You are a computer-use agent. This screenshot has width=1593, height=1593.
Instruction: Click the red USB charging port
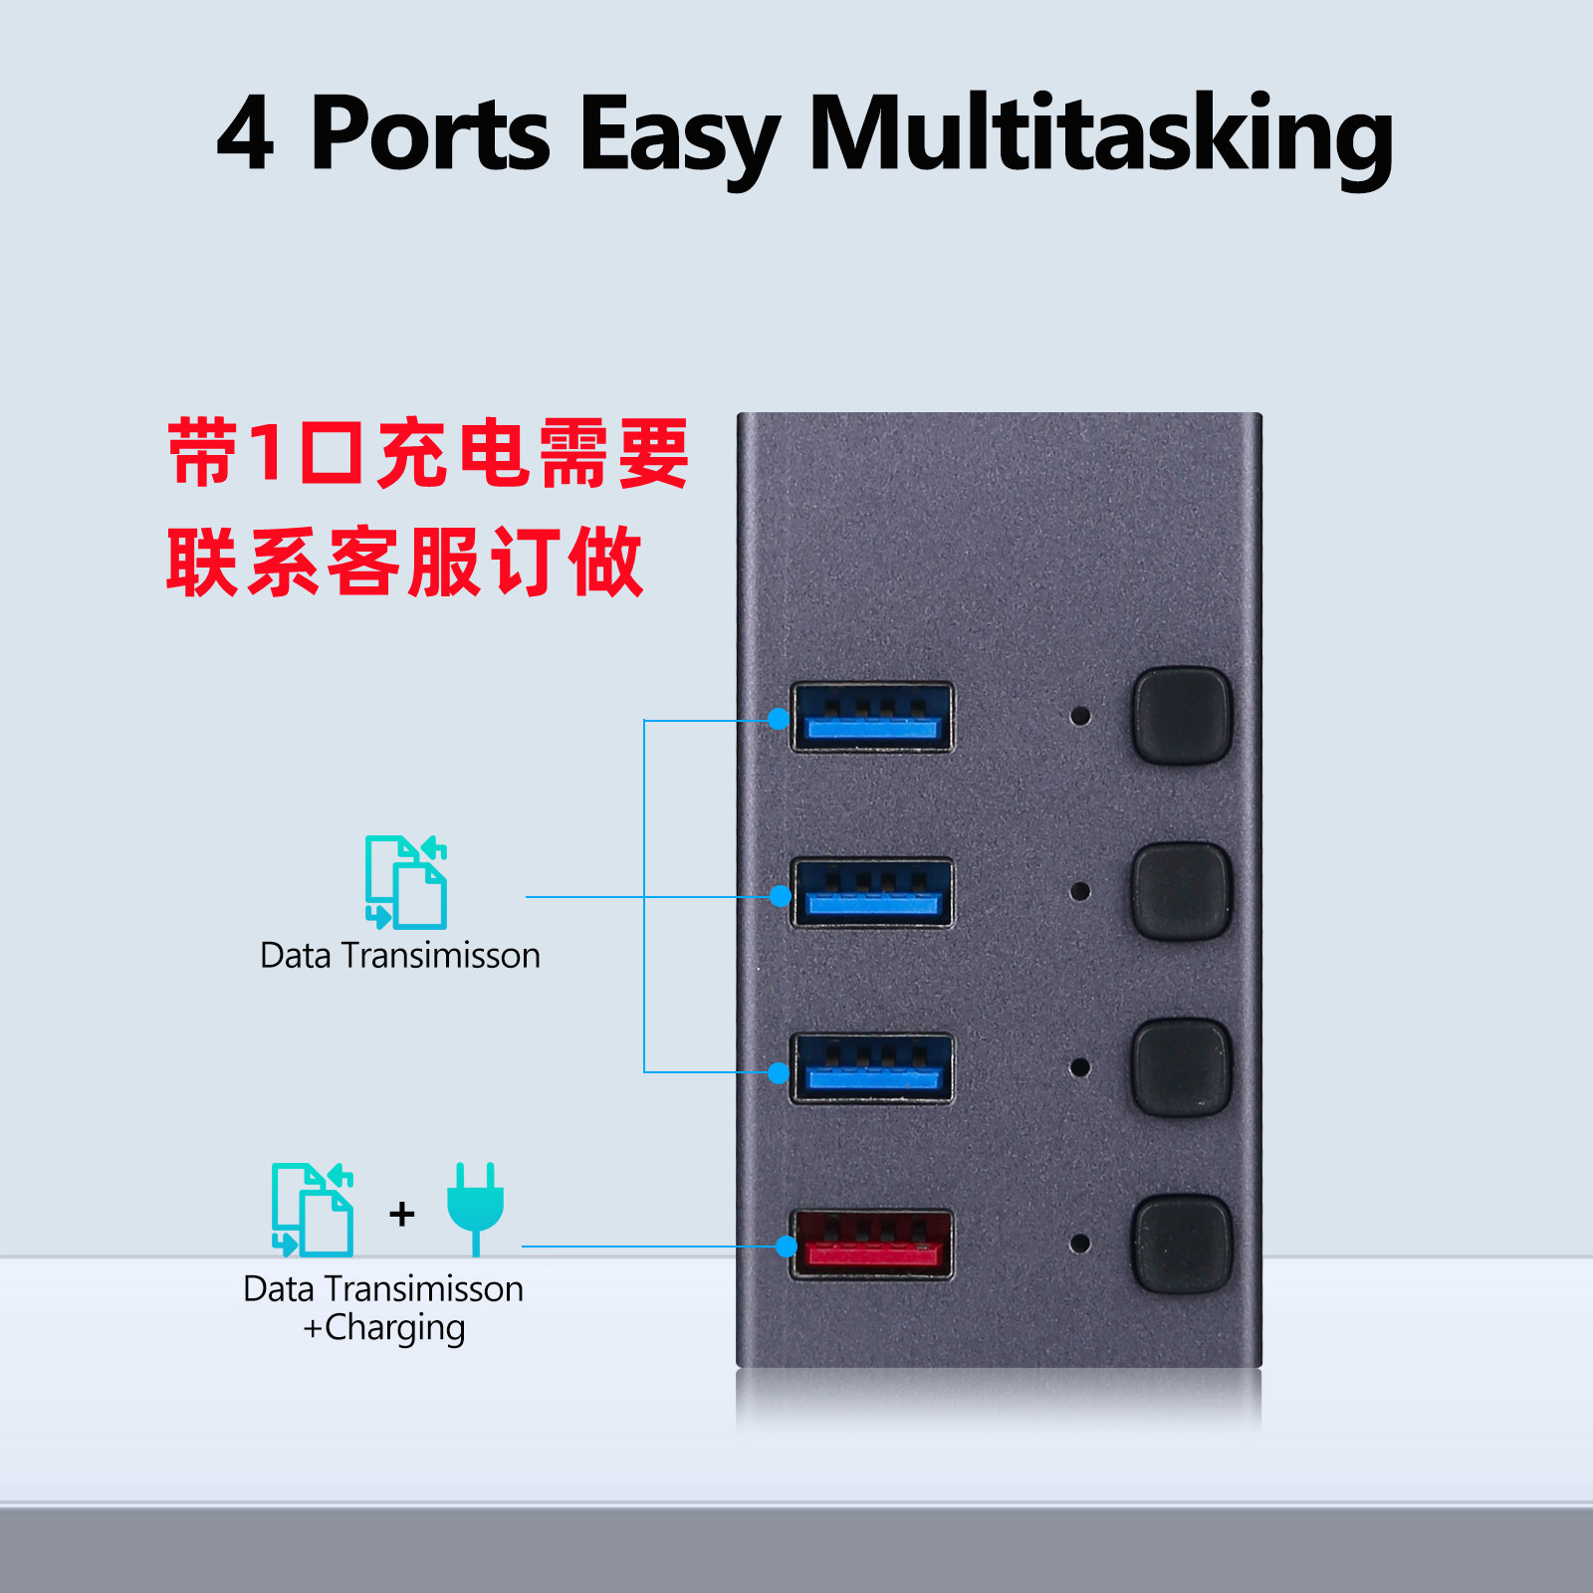[872, 1245]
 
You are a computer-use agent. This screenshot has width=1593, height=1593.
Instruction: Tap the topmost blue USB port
[872, 717]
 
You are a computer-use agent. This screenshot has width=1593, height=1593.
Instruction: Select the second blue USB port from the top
[872, 893]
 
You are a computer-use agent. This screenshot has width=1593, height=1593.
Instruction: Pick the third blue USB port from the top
[872, 1069]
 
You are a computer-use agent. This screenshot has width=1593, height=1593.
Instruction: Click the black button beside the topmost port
[1182, 716]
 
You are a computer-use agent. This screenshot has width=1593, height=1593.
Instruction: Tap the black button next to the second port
[1182, 891]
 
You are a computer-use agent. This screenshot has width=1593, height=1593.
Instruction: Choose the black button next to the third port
[1182, 1067]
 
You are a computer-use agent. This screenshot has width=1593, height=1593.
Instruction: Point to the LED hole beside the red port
[1079, 1244]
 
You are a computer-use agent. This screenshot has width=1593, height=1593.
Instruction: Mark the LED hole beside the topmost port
[1079, 716]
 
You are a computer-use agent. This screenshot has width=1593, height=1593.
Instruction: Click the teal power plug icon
[475, 1207]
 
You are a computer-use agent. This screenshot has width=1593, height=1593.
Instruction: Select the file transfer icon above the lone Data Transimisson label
[406, 882]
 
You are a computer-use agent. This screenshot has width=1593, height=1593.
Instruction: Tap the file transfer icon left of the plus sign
[313, 1209]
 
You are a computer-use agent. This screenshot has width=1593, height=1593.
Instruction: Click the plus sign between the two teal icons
[401, 1214]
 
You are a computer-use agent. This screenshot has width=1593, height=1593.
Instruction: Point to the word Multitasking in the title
[1100, 134]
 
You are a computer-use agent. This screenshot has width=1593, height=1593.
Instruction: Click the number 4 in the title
[245, 134]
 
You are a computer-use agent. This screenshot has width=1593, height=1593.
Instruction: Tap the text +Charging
[384, 1328]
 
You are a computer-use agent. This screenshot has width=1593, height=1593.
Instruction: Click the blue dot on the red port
[787, 1247]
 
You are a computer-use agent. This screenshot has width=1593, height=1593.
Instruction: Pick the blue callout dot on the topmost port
[780, 719]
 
